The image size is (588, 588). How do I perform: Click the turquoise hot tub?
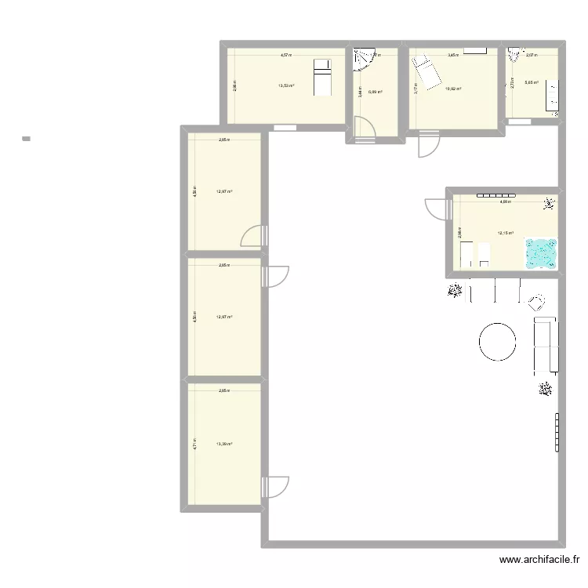[541, 253]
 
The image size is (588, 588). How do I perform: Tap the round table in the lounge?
[498, 343]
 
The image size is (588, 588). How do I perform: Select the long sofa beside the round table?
[545, 345]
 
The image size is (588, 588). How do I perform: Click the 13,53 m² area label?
[286, 86]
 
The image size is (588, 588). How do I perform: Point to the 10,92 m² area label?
[452, 89]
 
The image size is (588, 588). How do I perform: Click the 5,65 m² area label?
[531, 82]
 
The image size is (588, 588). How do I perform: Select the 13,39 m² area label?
[223, 444]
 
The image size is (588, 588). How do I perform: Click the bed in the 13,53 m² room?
[321, 78]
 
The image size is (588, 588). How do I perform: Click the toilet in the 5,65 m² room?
[514, 56]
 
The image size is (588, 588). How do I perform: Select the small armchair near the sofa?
[537, 302]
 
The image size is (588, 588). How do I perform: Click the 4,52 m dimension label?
[286, 55]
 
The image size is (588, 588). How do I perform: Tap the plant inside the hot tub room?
[549, 204]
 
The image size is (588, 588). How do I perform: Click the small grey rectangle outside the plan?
[26, 139]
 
